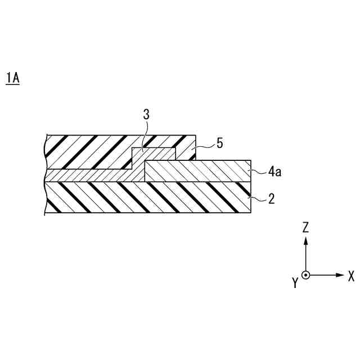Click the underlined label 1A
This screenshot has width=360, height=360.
pyautogui.click(x=12, y=78)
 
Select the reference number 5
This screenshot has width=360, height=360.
pyautogui.click(x=219, y=143)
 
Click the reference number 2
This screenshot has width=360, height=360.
pyautogui.click(x=271, y=199)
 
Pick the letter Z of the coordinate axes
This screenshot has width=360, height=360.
pyautogui.click(x=305, y=227)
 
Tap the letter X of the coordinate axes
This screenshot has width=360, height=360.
pyautogui.click(x=350, y=276)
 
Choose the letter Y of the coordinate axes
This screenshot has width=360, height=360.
pyautogui.click(x=294, y=283)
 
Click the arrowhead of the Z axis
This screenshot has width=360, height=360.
pyautogui.click(x=305, y=240)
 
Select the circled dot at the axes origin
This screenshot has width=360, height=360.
pyautogui.click(x=305, y=275)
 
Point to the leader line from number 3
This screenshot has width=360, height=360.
pyautogui.click(x=145, y=135)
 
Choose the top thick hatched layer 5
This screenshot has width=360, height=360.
pyautogui.click(x=90, y=152)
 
